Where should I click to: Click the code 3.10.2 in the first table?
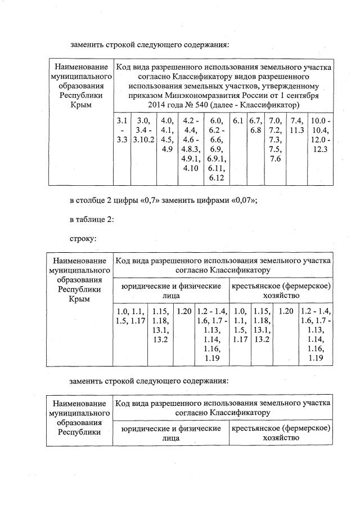[144, 140]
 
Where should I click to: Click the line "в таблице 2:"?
[92, 220]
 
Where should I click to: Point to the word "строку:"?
[83, 239]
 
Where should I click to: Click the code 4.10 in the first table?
[191, 168]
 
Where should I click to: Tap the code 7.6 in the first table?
[275, 159]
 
